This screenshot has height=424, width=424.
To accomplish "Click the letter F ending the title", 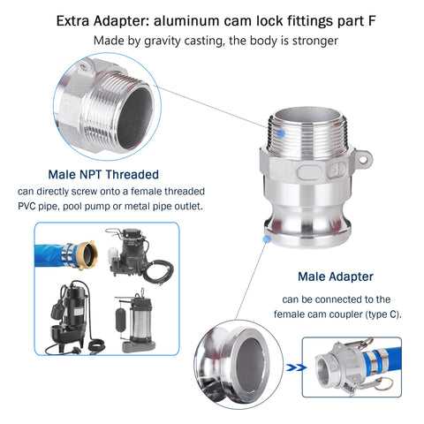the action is point(372,21).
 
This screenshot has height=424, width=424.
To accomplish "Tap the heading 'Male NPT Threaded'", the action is point(103,174).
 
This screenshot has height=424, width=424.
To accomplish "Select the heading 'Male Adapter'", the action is point(336,276).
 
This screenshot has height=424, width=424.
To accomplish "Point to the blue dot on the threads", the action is point(281,133).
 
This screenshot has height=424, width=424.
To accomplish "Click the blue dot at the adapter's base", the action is point(267,238).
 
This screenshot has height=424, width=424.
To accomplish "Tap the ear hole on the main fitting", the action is point(364,159).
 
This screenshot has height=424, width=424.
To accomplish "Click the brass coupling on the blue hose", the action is point(87,255).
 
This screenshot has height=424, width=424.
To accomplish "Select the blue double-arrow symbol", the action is point(296,367).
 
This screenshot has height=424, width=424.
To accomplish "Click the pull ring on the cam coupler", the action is point(384,384).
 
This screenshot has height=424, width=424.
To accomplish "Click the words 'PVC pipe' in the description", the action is point(34,206).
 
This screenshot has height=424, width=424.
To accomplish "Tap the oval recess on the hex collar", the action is point(309,172).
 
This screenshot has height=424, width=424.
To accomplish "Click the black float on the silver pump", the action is point(121,320).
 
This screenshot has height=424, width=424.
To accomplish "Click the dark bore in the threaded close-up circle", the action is point(135,118).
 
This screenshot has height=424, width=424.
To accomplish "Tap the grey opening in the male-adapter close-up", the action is point(250,365).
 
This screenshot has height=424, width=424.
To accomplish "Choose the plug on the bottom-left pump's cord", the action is point(74,351).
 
